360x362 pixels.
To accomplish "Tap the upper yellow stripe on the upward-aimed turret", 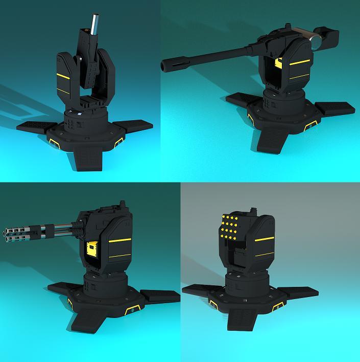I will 62,76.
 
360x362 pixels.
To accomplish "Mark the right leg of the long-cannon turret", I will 334,108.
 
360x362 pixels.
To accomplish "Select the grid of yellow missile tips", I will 229,227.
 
